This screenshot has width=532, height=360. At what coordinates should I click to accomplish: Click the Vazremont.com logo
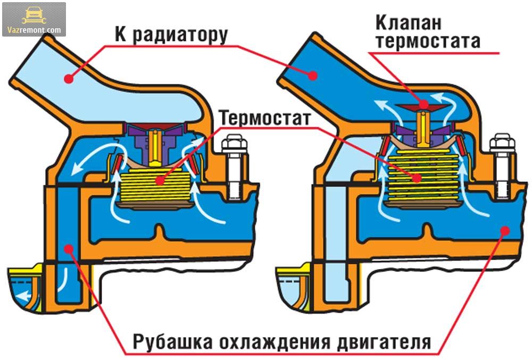pyautogui.click(x=34, y=19)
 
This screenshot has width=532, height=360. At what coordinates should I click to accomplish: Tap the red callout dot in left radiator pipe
pyautogui.click(x=68, y=79)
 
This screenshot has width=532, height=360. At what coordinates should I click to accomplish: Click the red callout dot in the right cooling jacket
pyautogui.click(x=504, y=231)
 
